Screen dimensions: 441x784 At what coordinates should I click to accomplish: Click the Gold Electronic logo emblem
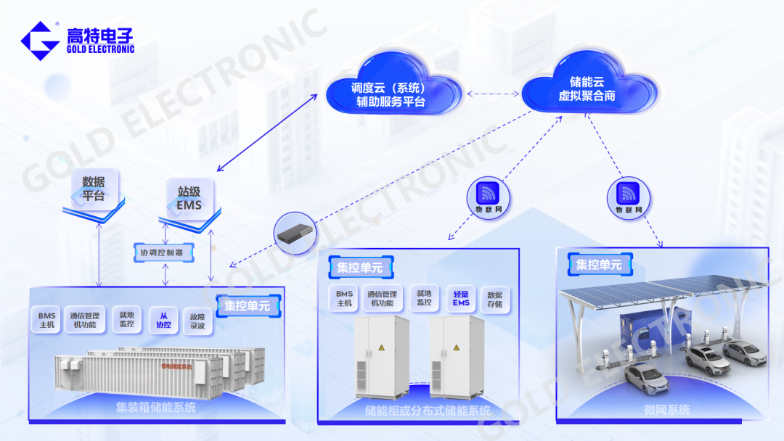[x=39, y=41]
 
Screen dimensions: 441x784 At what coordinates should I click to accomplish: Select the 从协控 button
[x=165, y=320]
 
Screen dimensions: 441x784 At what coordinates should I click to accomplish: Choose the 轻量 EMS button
[x=462, y=297]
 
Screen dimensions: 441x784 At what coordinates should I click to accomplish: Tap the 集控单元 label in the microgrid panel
[x=599, y=265]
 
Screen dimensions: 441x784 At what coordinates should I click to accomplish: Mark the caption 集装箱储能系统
[x=156, y=408]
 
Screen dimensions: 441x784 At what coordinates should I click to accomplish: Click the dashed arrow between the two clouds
[x=493, y=94]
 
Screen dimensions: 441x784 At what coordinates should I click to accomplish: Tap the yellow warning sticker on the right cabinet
[x=456, y=349]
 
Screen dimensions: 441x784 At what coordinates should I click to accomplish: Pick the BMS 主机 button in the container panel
[x=47, y=320]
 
